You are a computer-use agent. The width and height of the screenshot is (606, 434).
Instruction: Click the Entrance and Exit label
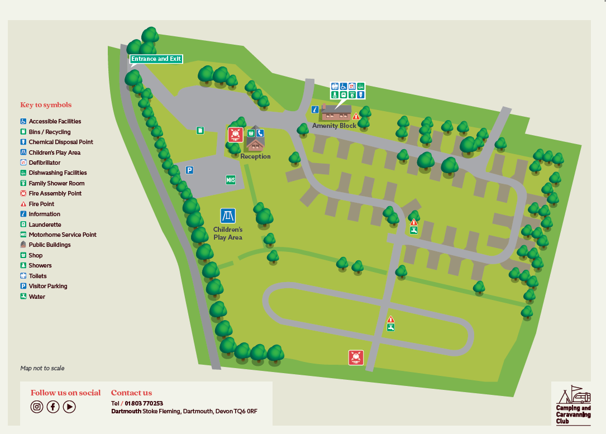tap(156, 59)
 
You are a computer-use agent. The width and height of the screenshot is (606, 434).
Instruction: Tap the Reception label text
tap(255, 156)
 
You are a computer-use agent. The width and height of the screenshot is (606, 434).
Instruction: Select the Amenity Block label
tap(334, 126)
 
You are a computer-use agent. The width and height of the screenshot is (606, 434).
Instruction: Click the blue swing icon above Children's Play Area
tap(227, 216)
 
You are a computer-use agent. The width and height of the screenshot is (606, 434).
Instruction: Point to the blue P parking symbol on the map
tap(190, 170)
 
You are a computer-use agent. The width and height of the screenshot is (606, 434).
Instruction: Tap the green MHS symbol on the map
tap(231, 180)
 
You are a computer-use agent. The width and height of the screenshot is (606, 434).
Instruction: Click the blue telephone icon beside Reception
tap(260, 133)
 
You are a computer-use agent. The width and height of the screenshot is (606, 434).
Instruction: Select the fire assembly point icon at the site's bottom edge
tap(356, 357)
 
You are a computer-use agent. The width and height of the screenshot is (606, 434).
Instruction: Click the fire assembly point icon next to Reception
tap(235, 135)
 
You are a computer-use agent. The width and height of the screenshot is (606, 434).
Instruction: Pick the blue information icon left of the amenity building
tap(315, 109)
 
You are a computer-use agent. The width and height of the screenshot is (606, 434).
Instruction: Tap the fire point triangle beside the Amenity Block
tap(356, 116)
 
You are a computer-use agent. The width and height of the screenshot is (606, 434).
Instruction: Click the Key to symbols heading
tap(46, 105)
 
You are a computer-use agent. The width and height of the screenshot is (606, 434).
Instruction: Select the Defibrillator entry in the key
tap(44, 163)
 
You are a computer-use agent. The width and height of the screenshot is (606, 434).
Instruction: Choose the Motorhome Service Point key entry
tap(62, 235)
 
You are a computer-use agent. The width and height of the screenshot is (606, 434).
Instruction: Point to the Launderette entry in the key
tap(45, 225)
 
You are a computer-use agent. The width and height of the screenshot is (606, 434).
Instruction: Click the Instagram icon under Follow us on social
tap(37, 407)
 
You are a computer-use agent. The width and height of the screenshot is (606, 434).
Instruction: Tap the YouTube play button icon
tap(69, 407)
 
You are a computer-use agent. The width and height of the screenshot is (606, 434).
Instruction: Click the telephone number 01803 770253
tap(144, 403)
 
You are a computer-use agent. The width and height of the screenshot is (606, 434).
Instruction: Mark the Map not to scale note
tap(42, 368)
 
